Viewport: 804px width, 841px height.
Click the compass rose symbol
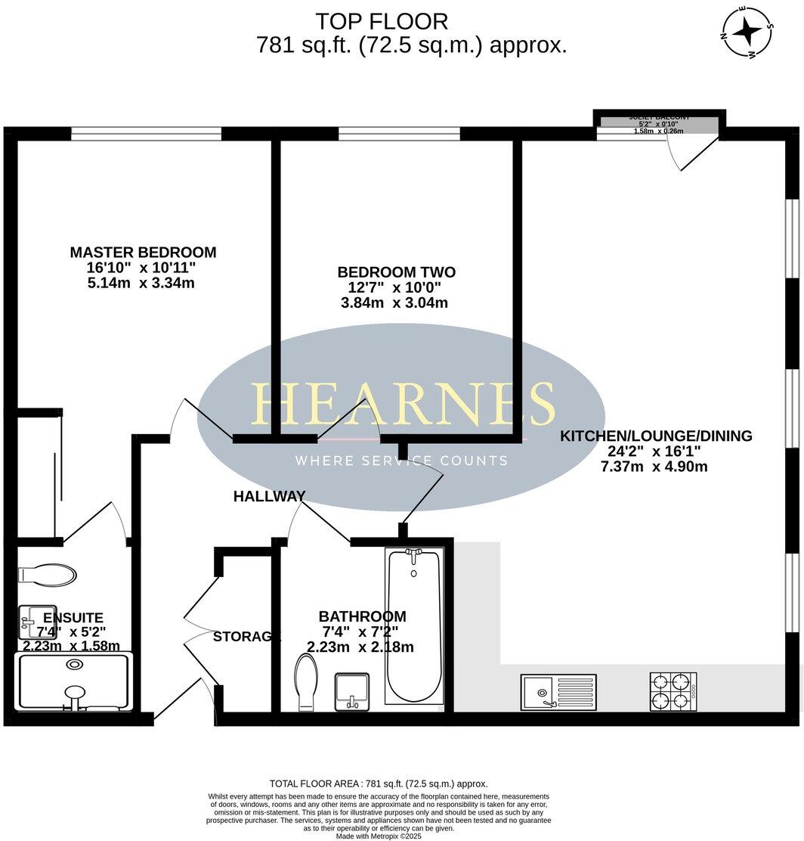pos(748,33)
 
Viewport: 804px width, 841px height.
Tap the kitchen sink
pos(558,691)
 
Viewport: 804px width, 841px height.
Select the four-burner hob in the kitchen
pos(673,690)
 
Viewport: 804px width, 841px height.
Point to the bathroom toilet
pos(307,681)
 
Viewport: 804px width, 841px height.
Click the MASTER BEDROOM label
pos(143,253)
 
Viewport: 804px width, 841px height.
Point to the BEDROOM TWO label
pos(396,272)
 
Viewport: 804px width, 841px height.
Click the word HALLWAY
pos(269,496)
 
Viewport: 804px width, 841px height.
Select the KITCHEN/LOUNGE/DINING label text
pos(655,436)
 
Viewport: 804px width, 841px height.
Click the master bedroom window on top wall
pos(146,134)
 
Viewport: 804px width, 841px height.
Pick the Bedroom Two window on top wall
pos(398,134)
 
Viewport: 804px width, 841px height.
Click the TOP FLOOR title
pos(382,20)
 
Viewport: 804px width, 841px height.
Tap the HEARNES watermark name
pos(402,403)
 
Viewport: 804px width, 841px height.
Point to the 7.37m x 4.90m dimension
pos(654,467)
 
